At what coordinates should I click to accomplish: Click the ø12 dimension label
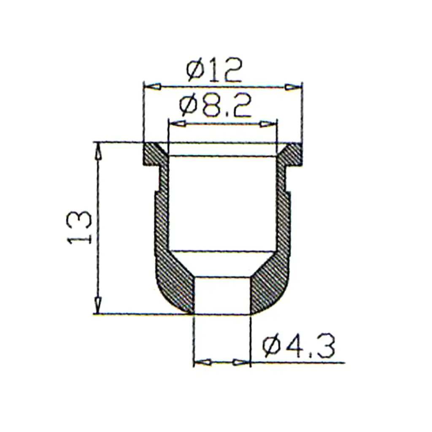(x=214, y=70)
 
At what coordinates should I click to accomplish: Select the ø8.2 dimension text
(x=215, y=106)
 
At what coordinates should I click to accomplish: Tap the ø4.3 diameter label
(x=299, y=346)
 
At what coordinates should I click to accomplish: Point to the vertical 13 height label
(x=79, y=227)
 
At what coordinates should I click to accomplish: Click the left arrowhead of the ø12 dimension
(x=152, y=86)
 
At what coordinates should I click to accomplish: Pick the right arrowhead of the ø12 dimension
(x=293, y=87)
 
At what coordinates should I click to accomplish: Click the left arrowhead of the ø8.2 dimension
(x=177, y=124)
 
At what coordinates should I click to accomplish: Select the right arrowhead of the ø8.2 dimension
(x=268, y=124)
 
